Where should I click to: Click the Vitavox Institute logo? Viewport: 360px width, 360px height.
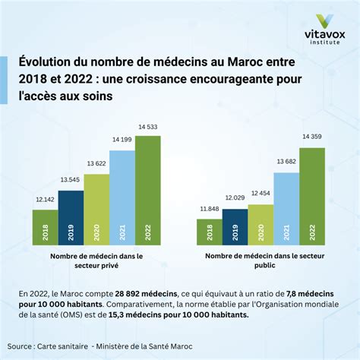coord(325,30)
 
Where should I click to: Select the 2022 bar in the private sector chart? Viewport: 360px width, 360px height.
coord(148,191)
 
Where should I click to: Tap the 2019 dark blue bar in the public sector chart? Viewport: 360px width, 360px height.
coord(235,227)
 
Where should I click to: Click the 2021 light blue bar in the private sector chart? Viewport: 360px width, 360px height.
coord(122,197)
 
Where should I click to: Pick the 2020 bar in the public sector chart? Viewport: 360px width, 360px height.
coord(261,225)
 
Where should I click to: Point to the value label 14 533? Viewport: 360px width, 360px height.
coord(148,127)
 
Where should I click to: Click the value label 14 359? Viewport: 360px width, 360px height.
coord(312,137)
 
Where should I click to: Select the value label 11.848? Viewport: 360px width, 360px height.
coord(210,209)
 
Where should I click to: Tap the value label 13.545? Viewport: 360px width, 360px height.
coord(70,180)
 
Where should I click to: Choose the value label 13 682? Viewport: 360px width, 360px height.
coord(286,162)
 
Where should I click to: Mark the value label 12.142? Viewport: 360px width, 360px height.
coord(45,200)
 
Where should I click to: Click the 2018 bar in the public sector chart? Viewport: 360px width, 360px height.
coord(210,232)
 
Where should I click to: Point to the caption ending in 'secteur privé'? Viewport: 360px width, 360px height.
coord(96,261)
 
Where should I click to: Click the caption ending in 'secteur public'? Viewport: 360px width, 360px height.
coord(265,261)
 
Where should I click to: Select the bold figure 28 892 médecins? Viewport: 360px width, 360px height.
coord(146,294)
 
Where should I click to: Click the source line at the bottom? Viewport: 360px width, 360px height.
coord(99,346)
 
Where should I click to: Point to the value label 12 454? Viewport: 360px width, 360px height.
coord(261,193)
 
